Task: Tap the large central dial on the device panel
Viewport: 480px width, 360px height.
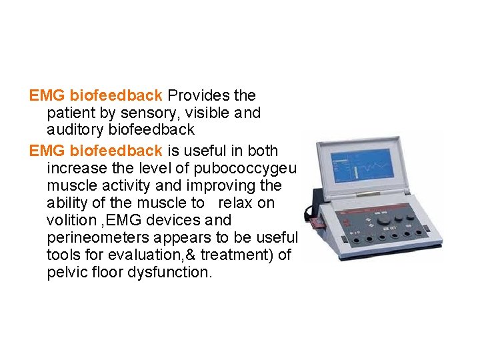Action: (383, 221)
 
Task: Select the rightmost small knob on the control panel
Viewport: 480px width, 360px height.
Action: (411, 217)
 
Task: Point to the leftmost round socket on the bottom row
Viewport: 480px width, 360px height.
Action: (357, 240)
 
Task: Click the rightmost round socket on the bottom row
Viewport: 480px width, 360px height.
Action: (419, 233)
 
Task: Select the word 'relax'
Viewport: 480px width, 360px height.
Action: (236, 203)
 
